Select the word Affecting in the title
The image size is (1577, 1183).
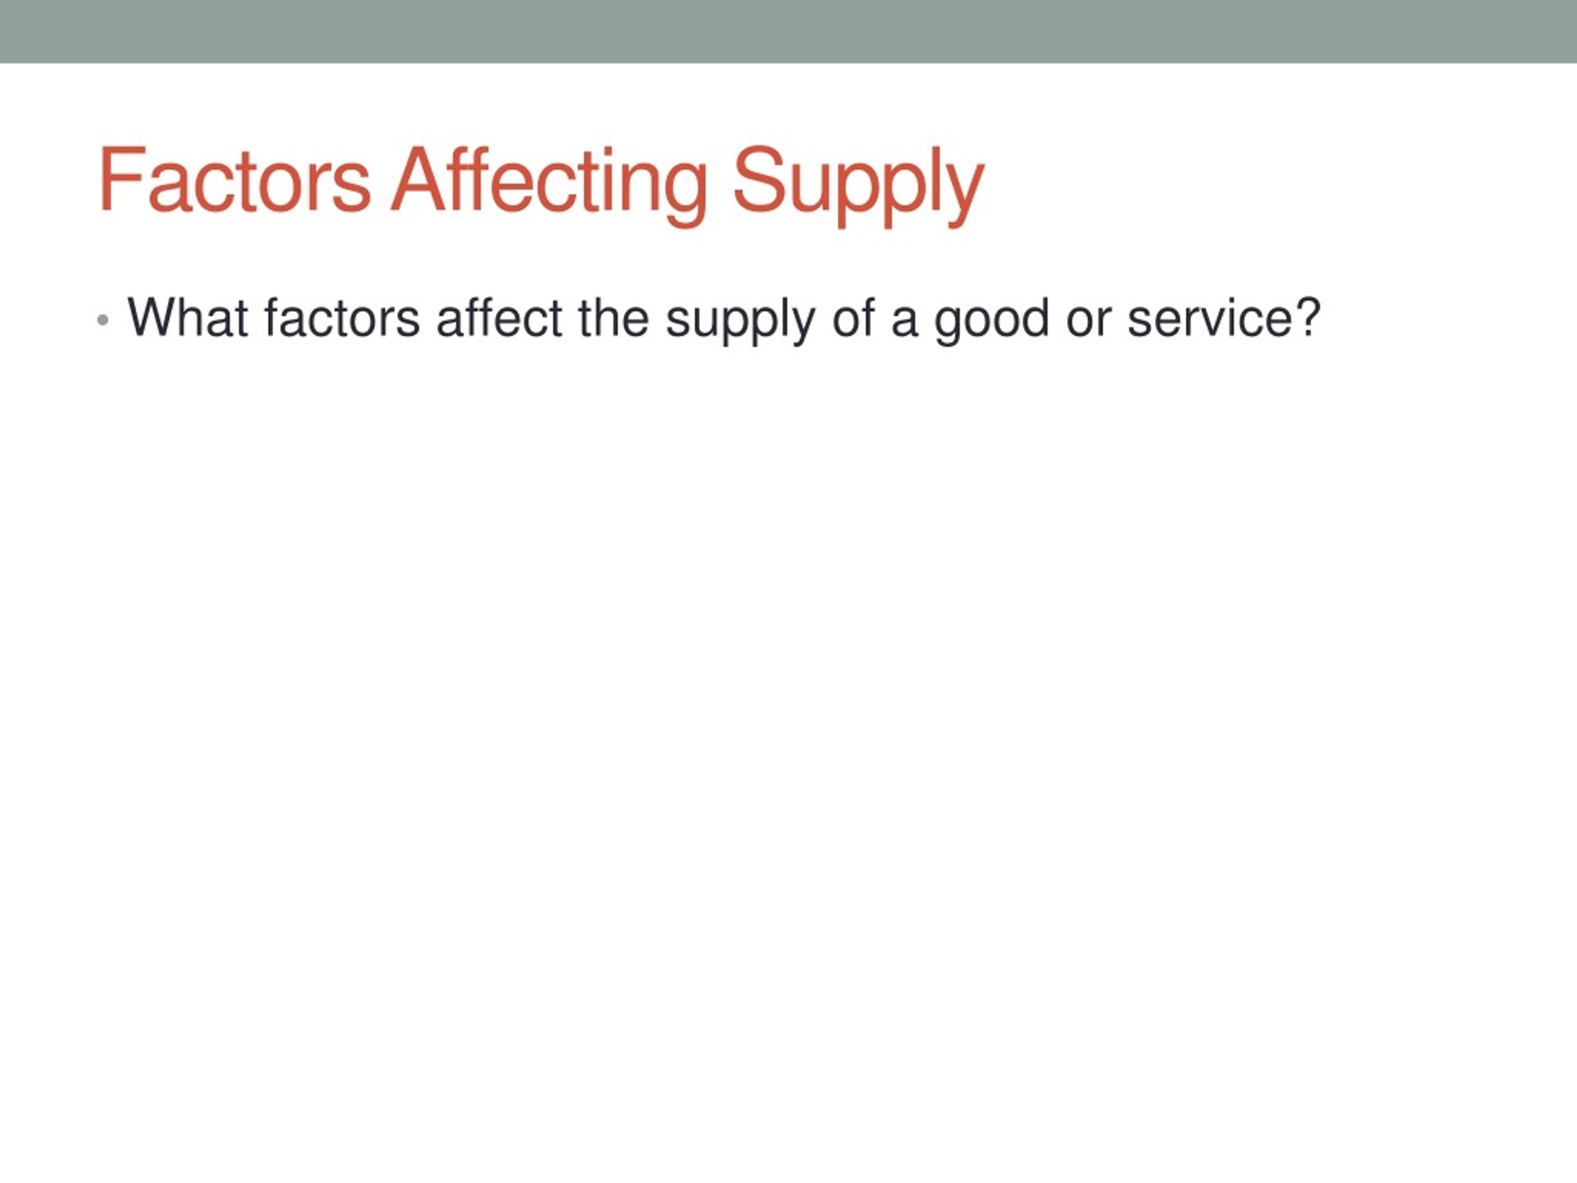pyautogui.click(x=548, y=185)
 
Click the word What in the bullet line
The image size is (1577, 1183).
pyautogui.click(x=187, y=317)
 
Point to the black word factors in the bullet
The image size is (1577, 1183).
pyautogui.click(x=343, y=317)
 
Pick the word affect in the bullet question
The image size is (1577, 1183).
pyautogui.click(x=500, y=317)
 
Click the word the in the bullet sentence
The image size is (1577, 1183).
pyautogui.click(x=614, y=317)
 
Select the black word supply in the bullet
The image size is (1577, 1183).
pyautogui.click(x=739, y=322)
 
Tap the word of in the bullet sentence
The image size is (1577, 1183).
pyautogui.click(x=853, y=317)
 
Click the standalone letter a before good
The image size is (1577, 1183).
pyautogui.click(x=904, y=322)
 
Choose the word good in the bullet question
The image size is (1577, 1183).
pyautogui.click(x=991, y=322)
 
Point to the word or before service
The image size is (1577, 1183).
pyautogui.click(x=1088, y=322)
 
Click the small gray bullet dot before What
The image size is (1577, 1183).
pyautogui.click(x=103, y=320)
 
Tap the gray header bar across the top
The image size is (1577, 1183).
pyautogui.click(x=788, y=31)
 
